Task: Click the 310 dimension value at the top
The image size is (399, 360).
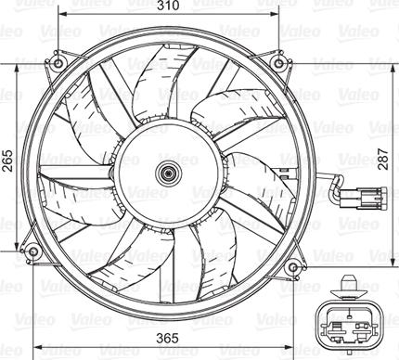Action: click(x=168, y=7)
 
